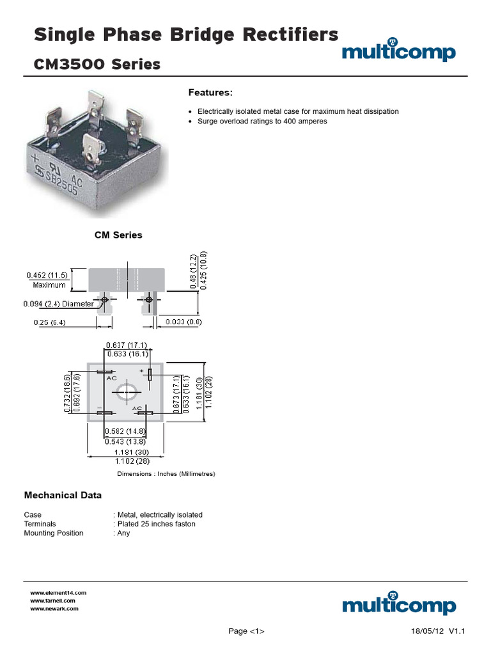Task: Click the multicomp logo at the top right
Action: pyautogui.click(x=398, y=52)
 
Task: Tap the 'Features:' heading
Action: pyautogui.click(x=210, y=93)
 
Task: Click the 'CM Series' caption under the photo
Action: pyautogui.click(x=118, y=235)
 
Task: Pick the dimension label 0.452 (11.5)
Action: pyautogui.click(x=47, y=275)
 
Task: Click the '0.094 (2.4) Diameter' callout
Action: pyautogui.click(x=58, y=304)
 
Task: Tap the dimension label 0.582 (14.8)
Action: pyautogui.click(x=127, y=430)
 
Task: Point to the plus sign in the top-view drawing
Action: pyautogui.click(x=141, y=370)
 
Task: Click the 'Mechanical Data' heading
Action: pyautogui.click(x=63, y=495)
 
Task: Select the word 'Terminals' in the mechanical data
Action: pyautogui.click(x=40, y=524)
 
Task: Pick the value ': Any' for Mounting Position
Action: pyautogui.click(x=121, y=533)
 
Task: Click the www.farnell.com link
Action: pyautogui.click(x=53, y=601)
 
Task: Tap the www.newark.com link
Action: pyautogui.click(x=54, y=608)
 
